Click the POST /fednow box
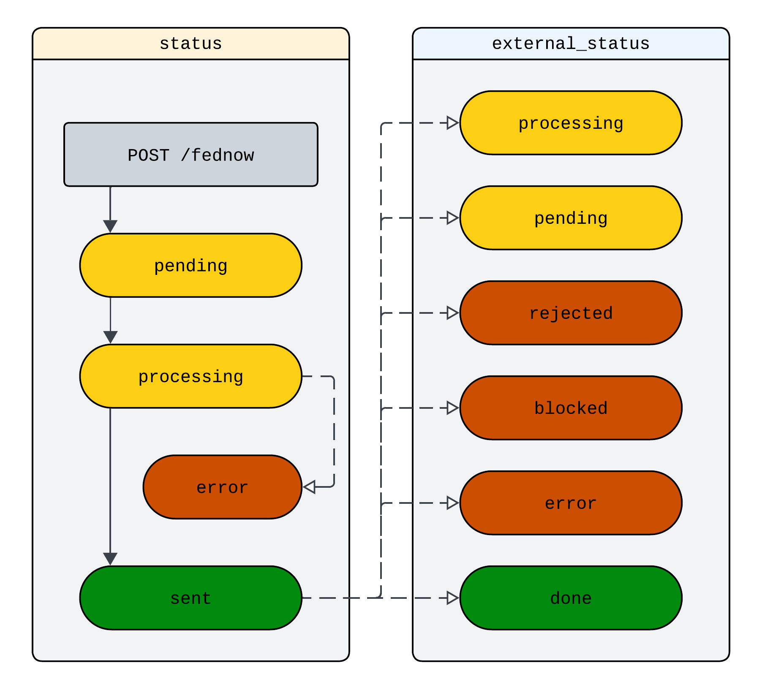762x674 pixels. [190, 155]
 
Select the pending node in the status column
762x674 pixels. [190, 266]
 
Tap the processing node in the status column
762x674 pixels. [190, 376]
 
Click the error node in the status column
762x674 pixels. [222, 487]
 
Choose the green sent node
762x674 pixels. [190, 598]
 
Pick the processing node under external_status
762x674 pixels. [571, 123]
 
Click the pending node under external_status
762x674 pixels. [571, 218]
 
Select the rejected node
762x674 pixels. [571, 313]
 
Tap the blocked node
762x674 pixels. [571, 408]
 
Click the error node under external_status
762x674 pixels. [571, 503]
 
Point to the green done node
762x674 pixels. [571, 598]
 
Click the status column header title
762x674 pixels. [190, 44]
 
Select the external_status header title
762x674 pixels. [571, 44]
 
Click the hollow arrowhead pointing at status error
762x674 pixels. [310, 487]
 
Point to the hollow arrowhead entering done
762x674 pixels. [452, 598]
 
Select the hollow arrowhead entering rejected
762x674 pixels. [452, 313]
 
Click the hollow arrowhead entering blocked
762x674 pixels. [452, 408]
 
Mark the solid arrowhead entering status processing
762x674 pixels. [110, 337]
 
